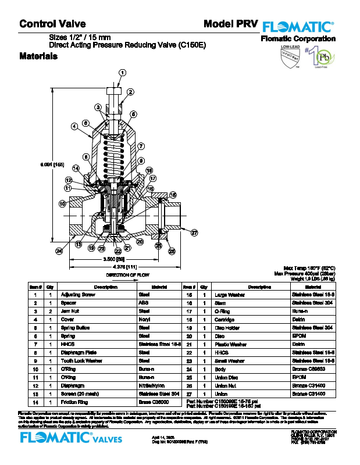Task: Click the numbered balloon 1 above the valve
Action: [x=122, y=73]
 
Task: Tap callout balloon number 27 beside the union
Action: [x=194, y=233]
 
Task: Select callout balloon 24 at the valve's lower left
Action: [x=59, y=251]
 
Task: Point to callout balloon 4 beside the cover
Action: [x=75, y=126]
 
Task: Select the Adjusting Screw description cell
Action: [x=79, y=295]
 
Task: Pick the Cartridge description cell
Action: [x=224, y=320]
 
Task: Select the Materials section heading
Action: [x=38, y=57]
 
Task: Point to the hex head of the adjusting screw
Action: [x=115, y=92]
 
